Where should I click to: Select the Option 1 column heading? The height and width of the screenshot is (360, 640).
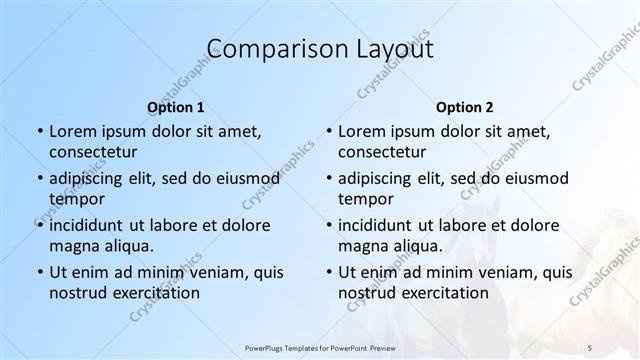pos(176,107)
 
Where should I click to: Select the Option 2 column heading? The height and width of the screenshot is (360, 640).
pos(465,107)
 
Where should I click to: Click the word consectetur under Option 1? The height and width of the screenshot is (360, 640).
pos(93,152)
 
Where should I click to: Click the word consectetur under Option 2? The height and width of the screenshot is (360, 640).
pos(382,152)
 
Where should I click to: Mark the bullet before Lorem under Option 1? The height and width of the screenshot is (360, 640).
pos(38,132)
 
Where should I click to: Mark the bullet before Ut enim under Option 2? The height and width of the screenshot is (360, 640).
pos(328,272)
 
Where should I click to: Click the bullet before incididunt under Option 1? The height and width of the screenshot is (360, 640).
pos(38,225)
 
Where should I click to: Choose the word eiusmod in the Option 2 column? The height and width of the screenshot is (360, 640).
pos(535,179)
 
